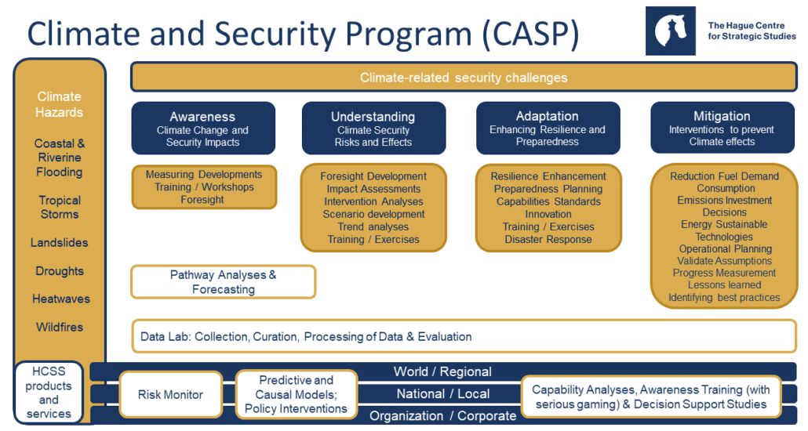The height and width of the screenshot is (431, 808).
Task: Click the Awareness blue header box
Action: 203,128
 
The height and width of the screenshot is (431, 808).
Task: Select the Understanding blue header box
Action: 373,128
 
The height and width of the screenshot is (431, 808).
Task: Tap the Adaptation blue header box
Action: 548,128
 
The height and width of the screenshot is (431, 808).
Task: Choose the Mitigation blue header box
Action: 722,128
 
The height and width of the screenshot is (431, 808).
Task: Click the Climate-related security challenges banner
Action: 464,77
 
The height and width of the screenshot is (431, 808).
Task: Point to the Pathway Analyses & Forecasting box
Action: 223,282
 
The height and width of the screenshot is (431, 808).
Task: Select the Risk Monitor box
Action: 170,395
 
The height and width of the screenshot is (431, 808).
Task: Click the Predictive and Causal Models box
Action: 296,395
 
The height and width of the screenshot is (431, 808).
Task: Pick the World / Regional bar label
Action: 442,371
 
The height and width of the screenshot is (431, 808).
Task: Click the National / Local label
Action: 442,394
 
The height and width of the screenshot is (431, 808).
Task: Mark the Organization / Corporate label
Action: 442,416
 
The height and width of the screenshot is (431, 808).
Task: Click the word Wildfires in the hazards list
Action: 60,327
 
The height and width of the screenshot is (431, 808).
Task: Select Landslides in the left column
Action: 60,243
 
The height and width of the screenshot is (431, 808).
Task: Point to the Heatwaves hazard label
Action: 60,299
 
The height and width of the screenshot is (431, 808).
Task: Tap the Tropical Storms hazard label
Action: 60,207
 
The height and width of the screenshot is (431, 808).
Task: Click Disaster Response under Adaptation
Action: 548,239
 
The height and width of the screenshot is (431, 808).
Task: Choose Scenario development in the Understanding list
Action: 373,214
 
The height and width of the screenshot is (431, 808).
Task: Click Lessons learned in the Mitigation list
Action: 724,285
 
